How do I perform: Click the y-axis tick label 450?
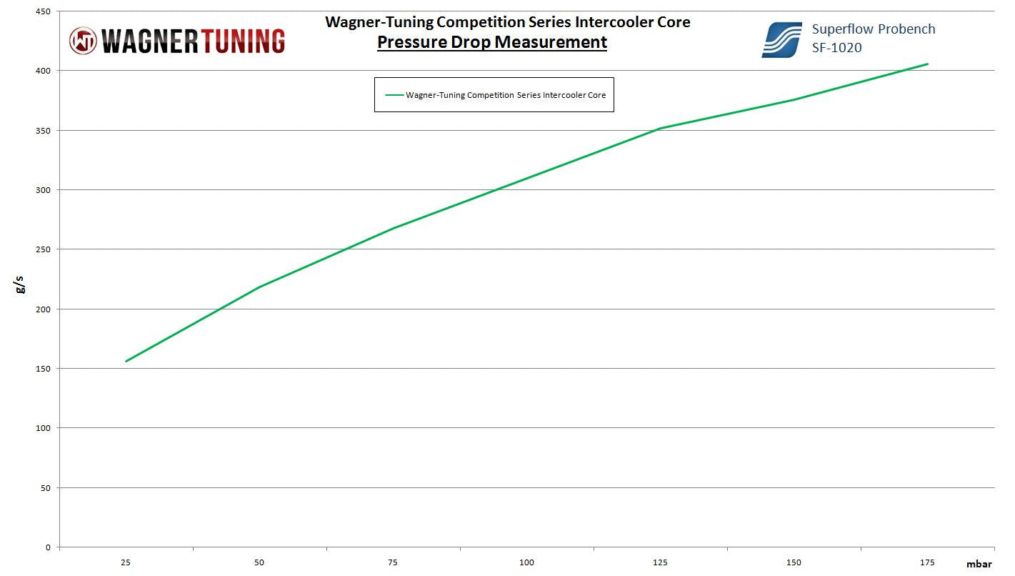click(44, 11)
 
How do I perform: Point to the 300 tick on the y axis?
click(44, 190)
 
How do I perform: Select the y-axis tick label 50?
click(46, 488)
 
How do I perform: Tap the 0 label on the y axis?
click(49, 547)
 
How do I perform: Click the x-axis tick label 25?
click(126, 562)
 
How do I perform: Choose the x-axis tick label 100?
click(526, 562)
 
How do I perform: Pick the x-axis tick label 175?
click(927, 562)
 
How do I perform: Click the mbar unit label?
click(979, 564)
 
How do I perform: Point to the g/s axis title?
click(21, 285)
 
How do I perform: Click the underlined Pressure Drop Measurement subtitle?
click(492, 42)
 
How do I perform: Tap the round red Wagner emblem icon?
click(83, 41)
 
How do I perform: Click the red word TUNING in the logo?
click(236, 41)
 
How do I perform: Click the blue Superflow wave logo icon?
click(781, 39)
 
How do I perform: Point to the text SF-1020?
click(836, 48)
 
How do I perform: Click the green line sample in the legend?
click(394, 94)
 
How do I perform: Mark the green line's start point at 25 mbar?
click(126, 362)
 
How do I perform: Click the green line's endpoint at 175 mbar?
click(927, 64)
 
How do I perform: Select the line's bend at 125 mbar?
click(660, 129)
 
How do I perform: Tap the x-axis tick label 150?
click(794, 562)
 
